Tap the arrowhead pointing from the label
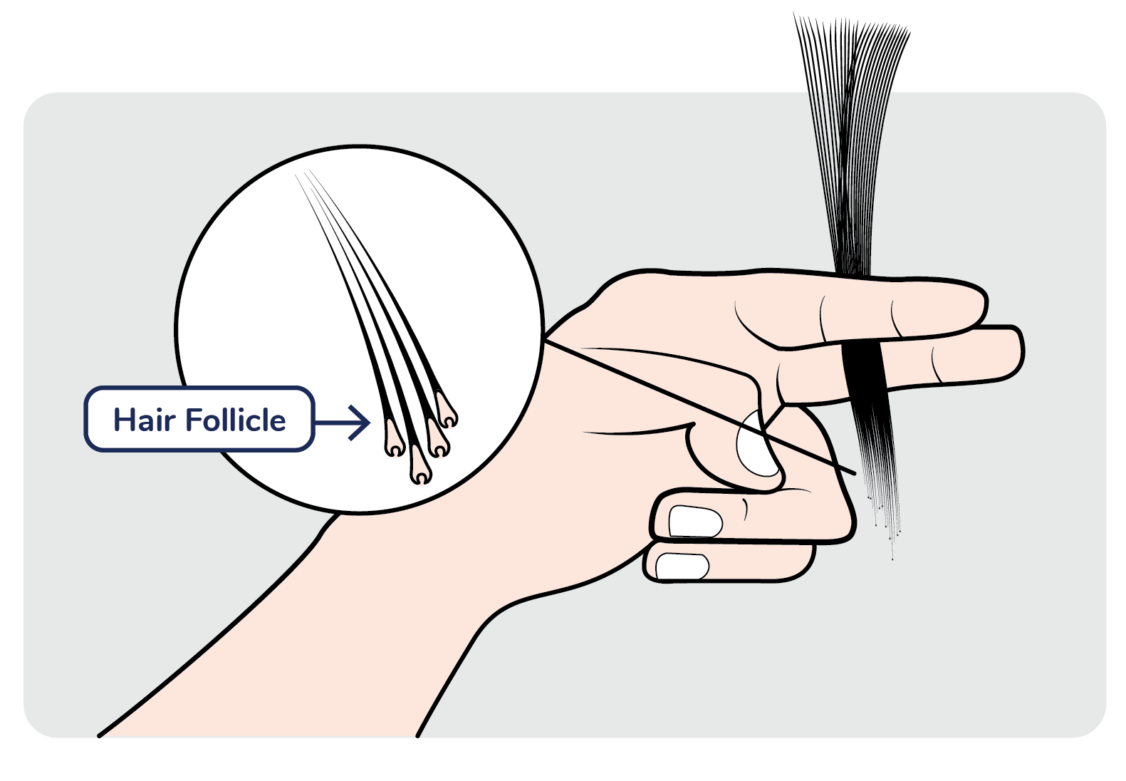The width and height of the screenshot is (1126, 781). coord(364,423)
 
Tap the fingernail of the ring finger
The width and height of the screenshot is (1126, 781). coord(695,521)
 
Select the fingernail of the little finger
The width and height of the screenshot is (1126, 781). coord(682,567)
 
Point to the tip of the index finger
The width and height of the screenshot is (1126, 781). coord(980,305)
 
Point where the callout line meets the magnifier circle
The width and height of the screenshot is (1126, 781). coord(546,341)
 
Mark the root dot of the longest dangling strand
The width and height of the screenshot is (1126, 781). coord(892,559)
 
